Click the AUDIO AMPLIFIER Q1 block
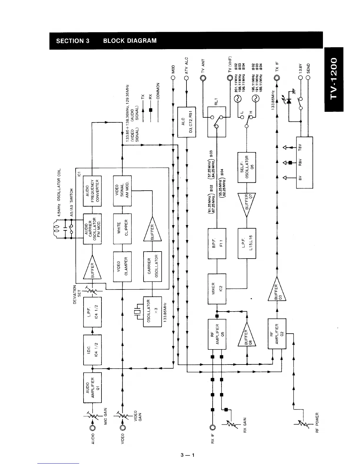tap(93, 387)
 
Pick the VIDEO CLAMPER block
tap(122, 266)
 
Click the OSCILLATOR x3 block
tap(152, 311)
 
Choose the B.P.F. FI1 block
tap(217, 243)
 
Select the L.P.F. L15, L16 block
tap(247, 243)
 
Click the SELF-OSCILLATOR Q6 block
tap(247, 167)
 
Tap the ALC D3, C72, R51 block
tap(187, 122)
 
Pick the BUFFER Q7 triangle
tap(247, 204)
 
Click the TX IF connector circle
tap(277, 78)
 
